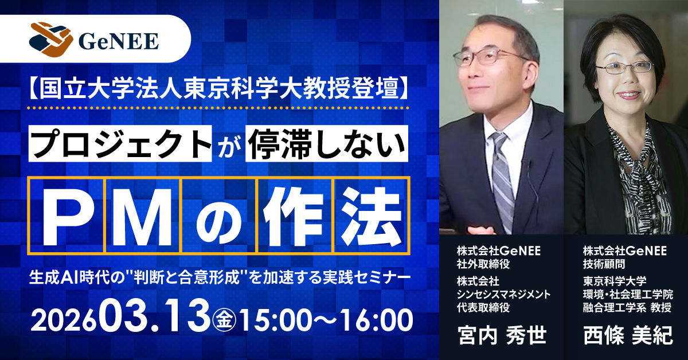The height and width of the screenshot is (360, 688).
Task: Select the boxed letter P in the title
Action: coord(65,216)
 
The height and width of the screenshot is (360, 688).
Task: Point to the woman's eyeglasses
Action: coord(624,68)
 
